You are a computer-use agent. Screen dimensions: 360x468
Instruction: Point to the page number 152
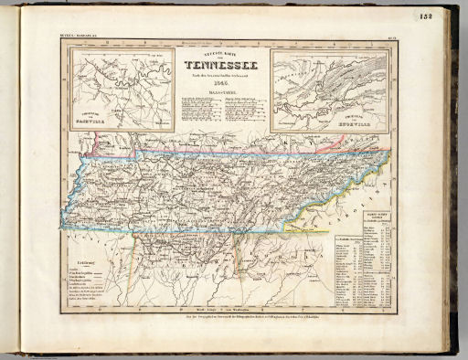(x=451, y=16)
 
